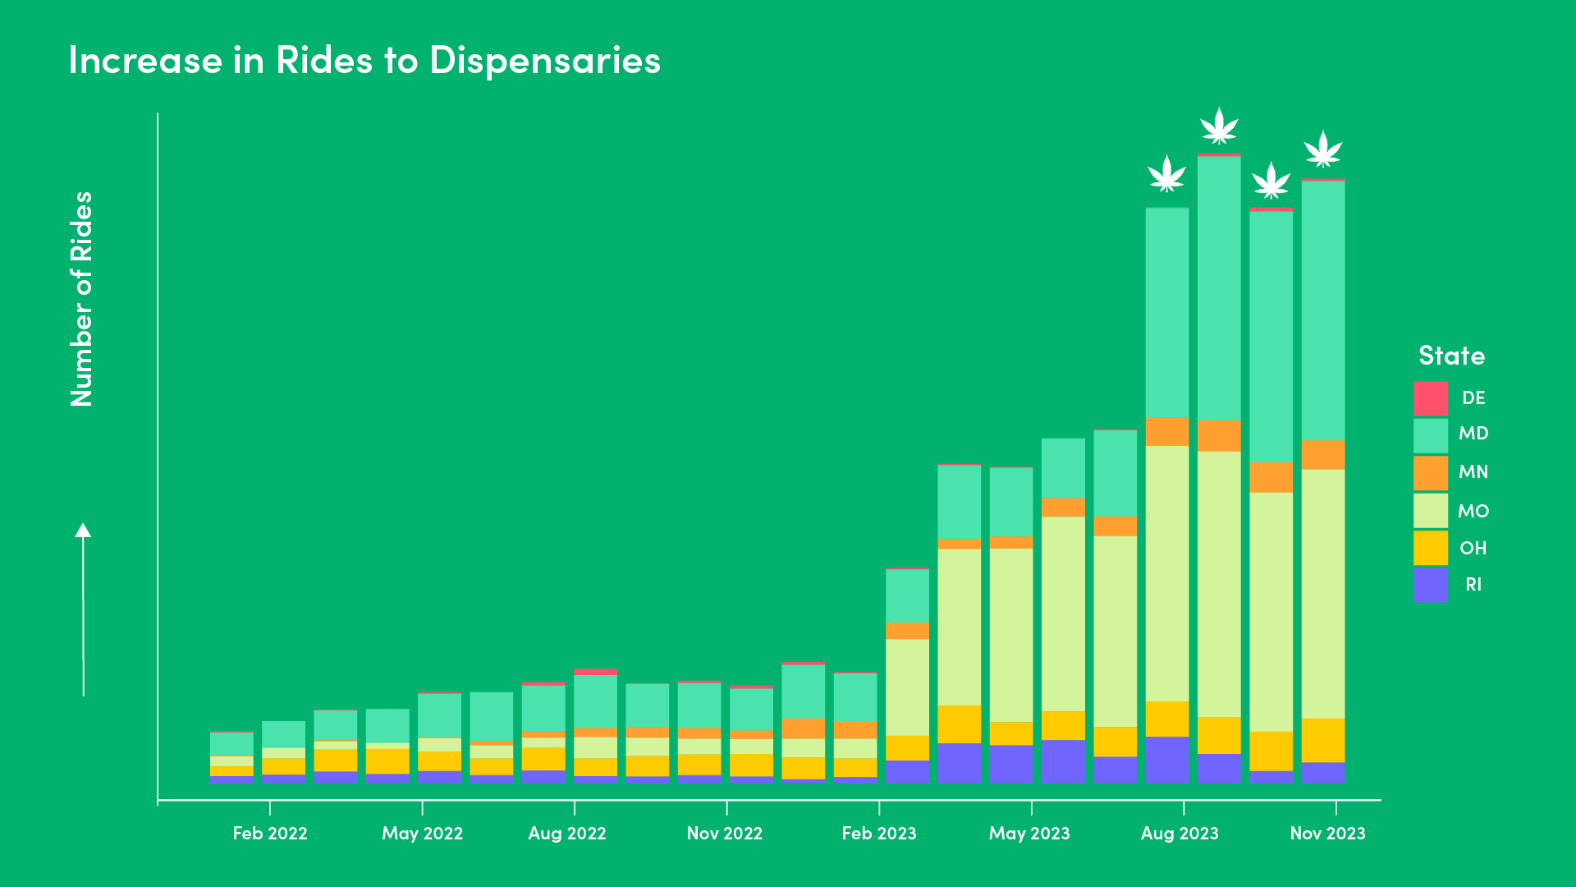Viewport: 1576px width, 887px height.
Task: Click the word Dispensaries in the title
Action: (x=544, y=60)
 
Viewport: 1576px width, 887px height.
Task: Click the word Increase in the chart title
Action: (x=145, y=60)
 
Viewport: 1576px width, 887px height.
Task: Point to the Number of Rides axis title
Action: (x=81, y=299)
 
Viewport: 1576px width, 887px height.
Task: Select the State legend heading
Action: (x=1451, y=356)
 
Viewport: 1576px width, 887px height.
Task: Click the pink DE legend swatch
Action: (x=1430, y=398)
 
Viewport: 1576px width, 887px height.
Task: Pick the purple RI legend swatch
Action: (x=1430, y=585)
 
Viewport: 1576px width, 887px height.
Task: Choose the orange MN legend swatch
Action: (x=1430, y=472)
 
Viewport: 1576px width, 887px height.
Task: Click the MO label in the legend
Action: (x=1473, y=511)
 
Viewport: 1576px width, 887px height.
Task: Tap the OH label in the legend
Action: (x=1473, y=548)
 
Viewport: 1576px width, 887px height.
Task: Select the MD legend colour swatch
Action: (x=1430, y=435)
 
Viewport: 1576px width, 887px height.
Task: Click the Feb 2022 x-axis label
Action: (x=270, y=833)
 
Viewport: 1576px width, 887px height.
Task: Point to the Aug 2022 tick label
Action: (x=567, y=833)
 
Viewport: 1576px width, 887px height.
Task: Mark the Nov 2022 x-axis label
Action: (x=725, y=833)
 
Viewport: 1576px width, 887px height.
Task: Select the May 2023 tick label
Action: (x=1029, y=833)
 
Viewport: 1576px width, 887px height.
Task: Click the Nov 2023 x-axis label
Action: (x=1327, y=833)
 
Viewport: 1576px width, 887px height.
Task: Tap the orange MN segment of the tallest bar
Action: (x=1219, y=436)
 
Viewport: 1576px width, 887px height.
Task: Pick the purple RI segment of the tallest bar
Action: (x=1219, y=768)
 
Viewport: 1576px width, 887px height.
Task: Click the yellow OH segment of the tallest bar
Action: (x=1219, y=735)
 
